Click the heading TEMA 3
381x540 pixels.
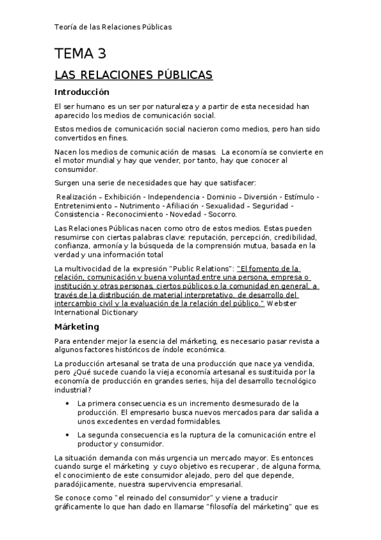click(80, 53)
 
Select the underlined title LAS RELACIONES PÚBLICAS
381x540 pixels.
click(134, 76)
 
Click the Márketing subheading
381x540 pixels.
click(77, 327)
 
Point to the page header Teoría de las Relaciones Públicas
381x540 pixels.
click(113, 27)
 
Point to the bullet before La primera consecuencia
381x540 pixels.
click(68, 404)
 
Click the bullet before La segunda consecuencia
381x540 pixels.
click(68, 435)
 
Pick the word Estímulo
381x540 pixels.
click(299, 197)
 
